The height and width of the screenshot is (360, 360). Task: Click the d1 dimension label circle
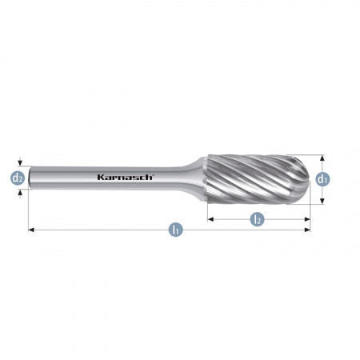pyautogui.click(x=322, y=179)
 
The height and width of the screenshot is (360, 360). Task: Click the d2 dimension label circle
pyautogui.click(x=18, y=178)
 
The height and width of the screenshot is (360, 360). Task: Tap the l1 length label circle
pyautogui.click(x=175, y=230)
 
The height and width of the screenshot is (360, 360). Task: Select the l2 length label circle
pyautogui.click(x=257, y=219)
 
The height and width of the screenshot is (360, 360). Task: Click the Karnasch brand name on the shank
pyautogui.click(x=125, y=177)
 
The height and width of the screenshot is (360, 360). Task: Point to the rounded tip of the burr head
pyautogui.click(x=309, y=179)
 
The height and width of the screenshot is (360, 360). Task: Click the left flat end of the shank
pyautogui.click(x=30, y=178)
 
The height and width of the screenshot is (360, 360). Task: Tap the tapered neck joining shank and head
pyautogui.click(x=197, y=178)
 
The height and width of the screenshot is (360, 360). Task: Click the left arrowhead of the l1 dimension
pyautogui.click(x=31, y=230)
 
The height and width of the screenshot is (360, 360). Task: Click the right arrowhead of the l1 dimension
pyautogui.click(x=307, y=230)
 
